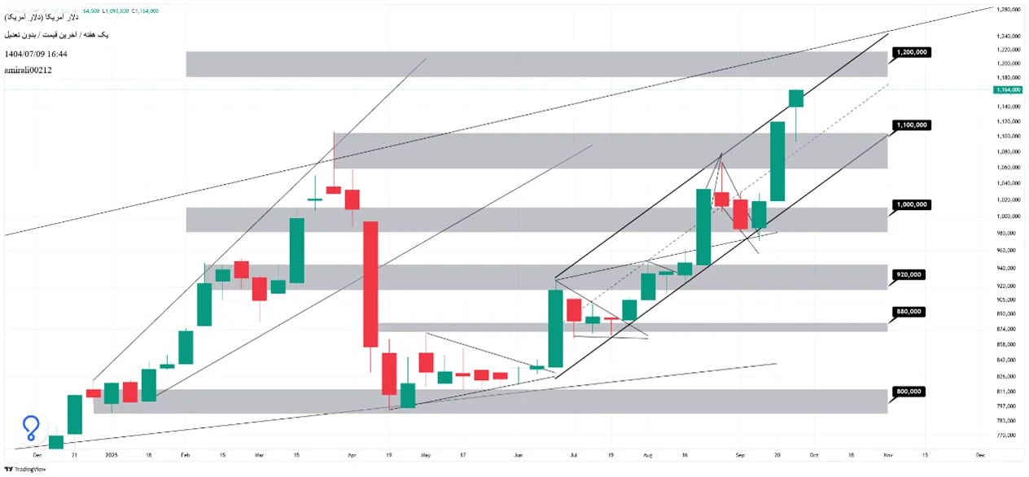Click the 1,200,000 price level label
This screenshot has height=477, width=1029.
click(911, 52)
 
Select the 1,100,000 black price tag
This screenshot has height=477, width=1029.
click(911, 125)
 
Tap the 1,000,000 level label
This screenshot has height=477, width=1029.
click(911, 204)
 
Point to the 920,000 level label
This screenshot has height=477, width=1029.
click(909, 274)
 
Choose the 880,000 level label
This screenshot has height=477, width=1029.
click(909, 312)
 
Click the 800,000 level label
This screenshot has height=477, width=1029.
click(909, 392)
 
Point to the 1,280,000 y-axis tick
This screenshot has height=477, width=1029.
click(1009, 9)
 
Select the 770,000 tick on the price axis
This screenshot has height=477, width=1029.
click(1007, 436)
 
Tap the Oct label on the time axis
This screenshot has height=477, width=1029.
click(814, 454)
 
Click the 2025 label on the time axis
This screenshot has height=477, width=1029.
click(111, 454)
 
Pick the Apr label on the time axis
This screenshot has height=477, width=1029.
click(351, 454)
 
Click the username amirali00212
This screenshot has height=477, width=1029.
click(28, 71)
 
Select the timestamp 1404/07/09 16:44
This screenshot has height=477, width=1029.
click(36, 54)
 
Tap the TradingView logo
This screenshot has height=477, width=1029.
click(25, 469)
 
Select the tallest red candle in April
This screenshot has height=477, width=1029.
click(370, 284)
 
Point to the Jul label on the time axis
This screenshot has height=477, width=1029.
click(575, 454)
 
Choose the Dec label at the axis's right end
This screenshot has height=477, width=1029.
click(980, 454)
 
